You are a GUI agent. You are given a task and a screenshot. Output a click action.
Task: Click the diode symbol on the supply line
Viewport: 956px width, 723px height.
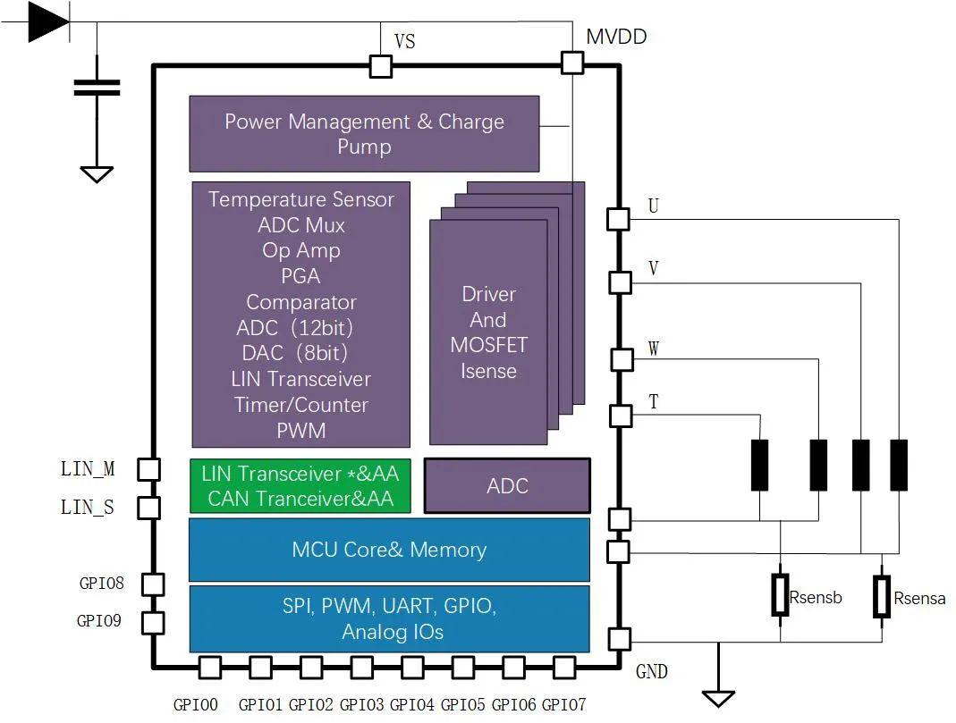pos(49,22)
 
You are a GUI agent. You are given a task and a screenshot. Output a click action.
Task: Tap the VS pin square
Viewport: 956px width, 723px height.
pos(381,66)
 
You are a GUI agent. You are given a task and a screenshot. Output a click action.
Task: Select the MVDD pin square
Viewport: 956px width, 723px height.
pos(571,63)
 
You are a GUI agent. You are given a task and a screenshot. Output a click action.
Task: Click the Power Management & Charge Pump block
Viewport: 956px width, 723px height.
pos(364,134)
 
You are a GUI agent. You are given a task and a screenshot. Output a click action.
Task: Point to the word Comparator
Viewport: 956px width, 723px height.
pos(301,302)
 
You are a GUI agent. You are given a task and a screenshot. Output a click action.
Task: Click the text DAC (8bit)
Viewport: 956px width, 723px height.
pos(294,353)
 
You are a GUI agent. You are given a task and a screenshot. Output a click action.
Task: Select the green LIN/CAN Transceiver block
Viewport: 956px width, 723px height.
pos(300,486)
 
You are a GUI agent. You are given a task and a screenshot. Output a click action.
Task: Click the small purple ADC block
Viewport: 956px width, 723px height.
pos(507,486)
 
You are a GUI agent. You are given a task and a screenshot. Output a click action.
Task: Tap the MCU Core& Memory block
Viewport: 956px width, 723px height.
pos(389,550)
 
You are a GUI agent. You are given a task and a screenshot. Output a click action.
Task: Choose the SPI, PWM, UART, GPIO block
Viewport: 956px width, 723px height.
pos(390,618)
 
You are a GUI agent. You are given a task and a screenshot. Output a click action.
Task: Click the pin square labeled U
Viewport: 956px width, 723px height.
pos(618,219)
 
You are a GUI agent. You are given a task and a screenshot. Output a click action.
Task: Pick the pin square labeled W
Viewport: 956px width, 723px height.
pos(622,359)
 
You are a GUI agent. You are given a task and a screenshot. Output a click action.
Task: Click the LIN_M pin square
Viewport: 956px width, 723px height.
pos(148,469)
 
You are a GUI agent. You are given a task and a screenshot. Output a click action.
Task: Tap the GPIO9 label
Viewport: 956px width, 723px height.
pos(98,620)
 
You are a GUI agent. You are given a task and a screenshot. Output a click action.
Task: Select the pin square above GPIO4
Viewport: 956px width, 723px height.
pos(413,668)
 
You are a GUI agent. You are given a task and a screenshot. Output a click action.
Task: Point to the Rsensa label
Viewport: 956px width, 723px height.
pos(919,598)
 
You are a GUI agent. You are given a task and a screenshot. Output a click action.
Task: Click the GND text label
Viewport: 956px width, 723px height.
pos(652,671)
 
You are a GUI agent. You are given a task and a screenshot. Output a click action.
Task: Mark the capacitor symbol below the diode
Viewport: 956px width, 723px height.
pos(97,88)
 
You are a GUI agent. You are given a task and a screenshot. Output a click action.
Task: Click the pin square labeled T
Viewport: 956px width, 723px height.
pos(621,416)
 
